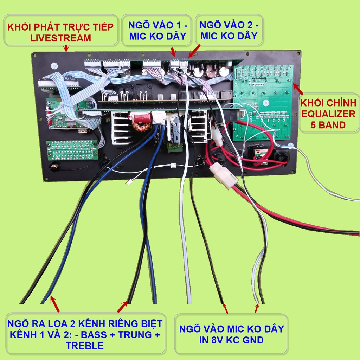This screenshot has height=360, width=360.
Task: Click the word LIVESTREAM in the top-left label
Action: coord(60,38)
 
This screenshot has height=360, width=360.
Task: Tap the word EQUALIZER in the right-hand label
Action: coord(328,114)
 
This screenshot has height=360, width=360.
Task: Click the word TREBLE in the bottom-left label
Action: coord(85,346)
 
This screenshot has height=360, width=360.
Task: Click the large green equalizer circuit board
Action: coord(263,102)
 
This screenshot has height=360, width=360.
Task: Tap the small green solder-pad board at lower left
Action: coord(72,150)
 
